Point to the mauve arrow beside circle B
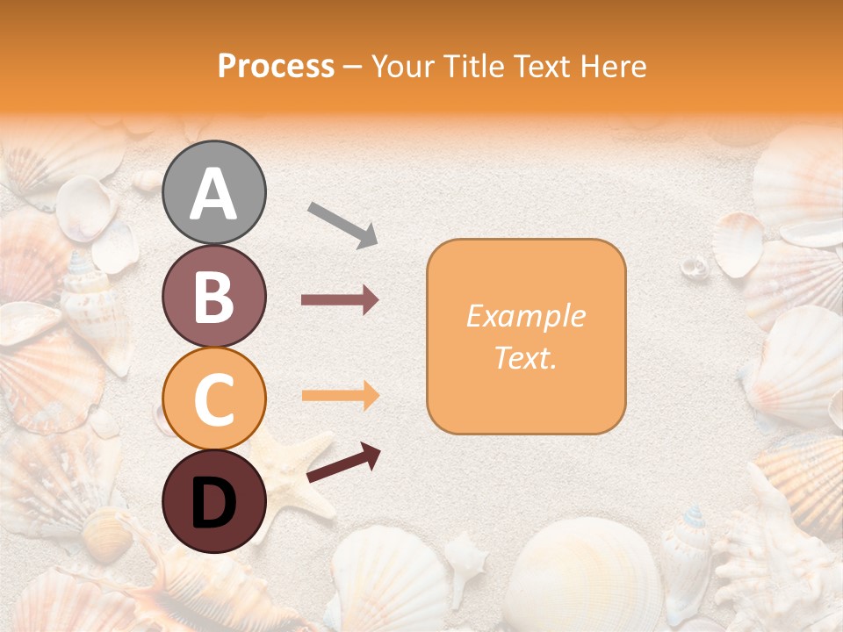tap(340, 300)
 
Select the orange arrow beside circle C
tap(340, 395)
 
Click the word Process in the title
tap(276, 67)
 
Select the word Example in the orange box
tap(525, 316)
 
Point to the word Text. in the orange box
tap(525, 357)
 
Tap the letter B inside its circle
tap(214, 297)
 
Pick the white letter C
tap(214, 399)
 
